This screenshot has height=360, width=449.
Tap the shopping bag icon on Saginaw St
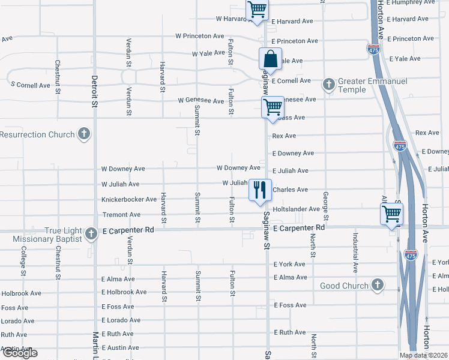tap(270, 59)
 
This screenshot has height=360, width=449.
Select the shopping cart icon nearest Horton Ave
tap(391, 213)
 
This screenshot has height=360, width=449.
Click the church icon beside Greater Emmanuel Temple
tap(328, 85)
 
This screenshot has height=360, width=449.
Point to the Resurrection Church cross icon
tap(84, 134)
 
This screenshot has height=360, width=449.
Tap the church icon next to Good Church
tap(378, 285)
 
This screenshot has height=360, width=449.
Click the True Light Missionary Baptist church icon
tap(91, 233)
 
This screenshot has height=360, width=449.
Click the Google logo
tap(19, 353)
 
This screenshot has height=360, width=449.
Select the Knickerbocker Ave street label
tap(129, 199)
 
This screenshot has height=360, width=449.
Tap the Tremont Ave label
tap(121, 214)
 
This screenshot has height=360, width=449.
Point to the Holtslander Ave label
tap(296, 209)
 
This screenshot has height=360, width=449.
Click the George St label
tap(325, 202)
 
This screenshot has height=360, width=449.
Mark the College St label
tap(23, 260)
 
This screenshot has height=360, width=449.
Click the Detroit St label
tap(94, 91)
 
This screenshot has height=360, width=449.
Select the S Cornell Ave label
tap(31, 85)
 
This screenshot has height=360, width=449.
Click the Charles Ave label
tap(291, 190)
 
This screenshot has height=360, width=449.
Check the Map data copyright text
tap(423, 355)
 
